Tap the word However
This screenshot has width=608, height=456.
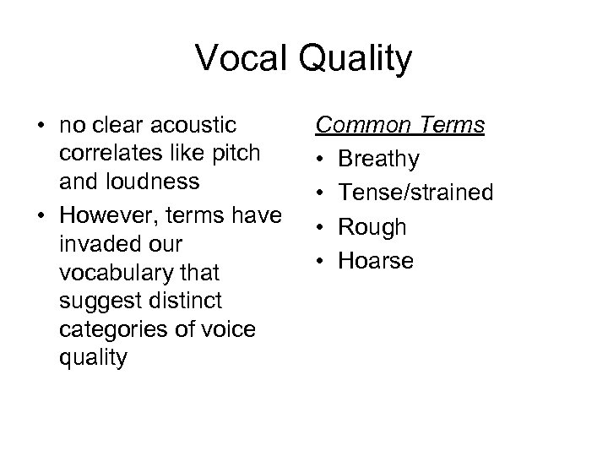pos(100,215)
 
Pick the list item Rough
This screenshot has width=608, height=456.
pos(372,227)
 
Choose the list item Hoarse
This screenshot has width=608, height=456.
pos(376,261)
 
